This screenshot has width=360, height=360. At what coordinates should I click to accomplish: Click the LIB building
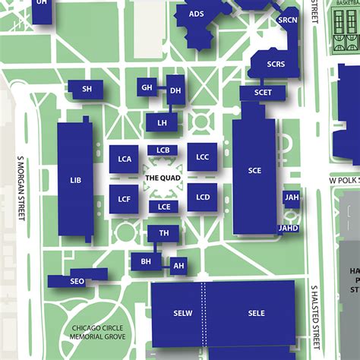(74, 180)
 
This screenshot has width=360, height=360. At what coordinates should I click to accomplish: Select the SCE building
(254, 171)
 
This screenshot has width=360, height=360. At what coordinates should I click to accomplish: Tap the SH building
(87, 89)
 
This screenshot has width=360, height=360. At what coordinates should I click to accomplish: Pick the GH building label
(147, 88)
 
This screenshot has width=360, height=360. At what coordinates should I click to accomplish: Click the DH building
(175, 90)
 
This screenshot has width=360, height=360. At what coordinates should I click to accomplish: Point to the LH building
(162, 122)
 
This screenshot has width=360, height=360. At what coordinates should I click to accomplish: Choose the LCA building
(124, 159)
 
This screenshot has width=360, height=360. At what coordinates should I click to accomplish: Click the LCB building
(163, 150)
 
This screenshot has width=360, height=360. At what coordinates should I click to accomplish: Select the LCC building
(202, 157)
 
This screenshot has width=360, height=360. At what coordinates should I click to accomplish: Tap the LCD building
(202, 197)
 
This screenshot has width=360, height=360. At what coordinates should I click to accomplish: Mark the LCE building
(163, 207)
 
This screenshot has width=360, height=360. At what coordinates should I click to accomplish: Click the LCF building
(124, 199)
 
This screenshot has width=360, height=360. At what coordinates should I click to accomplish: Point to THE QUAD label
(163, 178)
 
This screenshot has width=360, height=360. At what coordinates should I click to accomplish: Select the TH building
(163, 233)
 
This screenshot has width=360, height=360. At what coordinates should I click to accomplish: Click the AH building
(178, 266)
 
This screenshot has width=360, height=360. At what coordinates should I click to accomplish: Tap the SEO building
(76, 281)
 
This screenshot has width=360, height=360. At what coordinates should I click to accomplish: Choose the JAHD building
(289, 228)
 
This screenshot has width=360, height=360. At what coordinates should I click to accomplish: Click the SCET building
(263, 93)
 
